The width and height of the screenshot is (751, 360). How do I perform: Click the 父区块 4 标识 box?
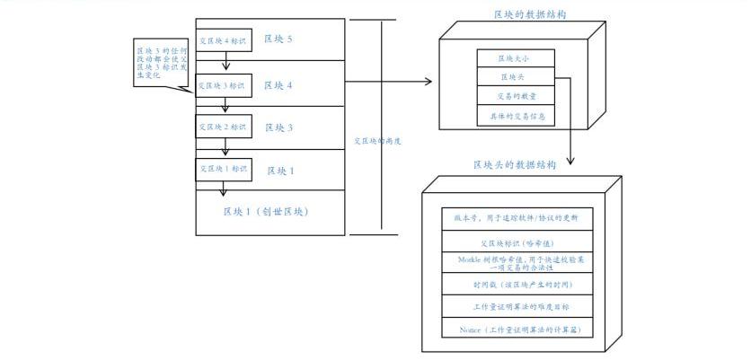(224, 40)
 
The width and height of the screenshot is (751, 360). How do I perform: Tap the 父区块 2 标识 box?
(224, 127)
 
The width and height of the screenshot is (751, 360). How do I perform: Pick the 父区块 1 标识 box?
(224, 169)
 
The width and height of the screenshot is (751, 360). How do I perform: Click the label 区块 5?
(278, 40)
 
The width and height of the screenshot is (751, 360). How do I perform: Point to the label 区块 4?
(278, 85)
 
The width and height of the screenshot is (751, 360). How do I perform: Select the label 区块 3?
(278, 127)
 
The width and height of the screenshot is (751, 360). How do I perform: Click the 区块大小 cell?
(517, 59)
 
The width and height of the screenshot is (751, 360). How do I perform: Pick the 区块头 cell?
(517, 78)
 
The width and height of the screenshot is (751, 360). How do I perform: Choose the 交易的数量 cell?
(517, 97)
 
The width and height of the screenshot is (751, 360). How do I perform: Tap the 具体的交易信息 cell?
(517, 116)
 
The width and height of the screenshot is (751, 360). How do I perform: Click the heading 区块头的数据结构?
(515, 165)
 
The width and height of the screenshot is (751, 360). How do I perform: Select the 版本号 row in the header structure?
(517, 218)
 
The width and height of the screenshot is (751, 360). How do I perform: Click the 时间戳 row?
(517, 285)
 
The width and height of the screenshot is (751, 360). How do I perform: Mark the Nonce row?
(517, 329)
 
